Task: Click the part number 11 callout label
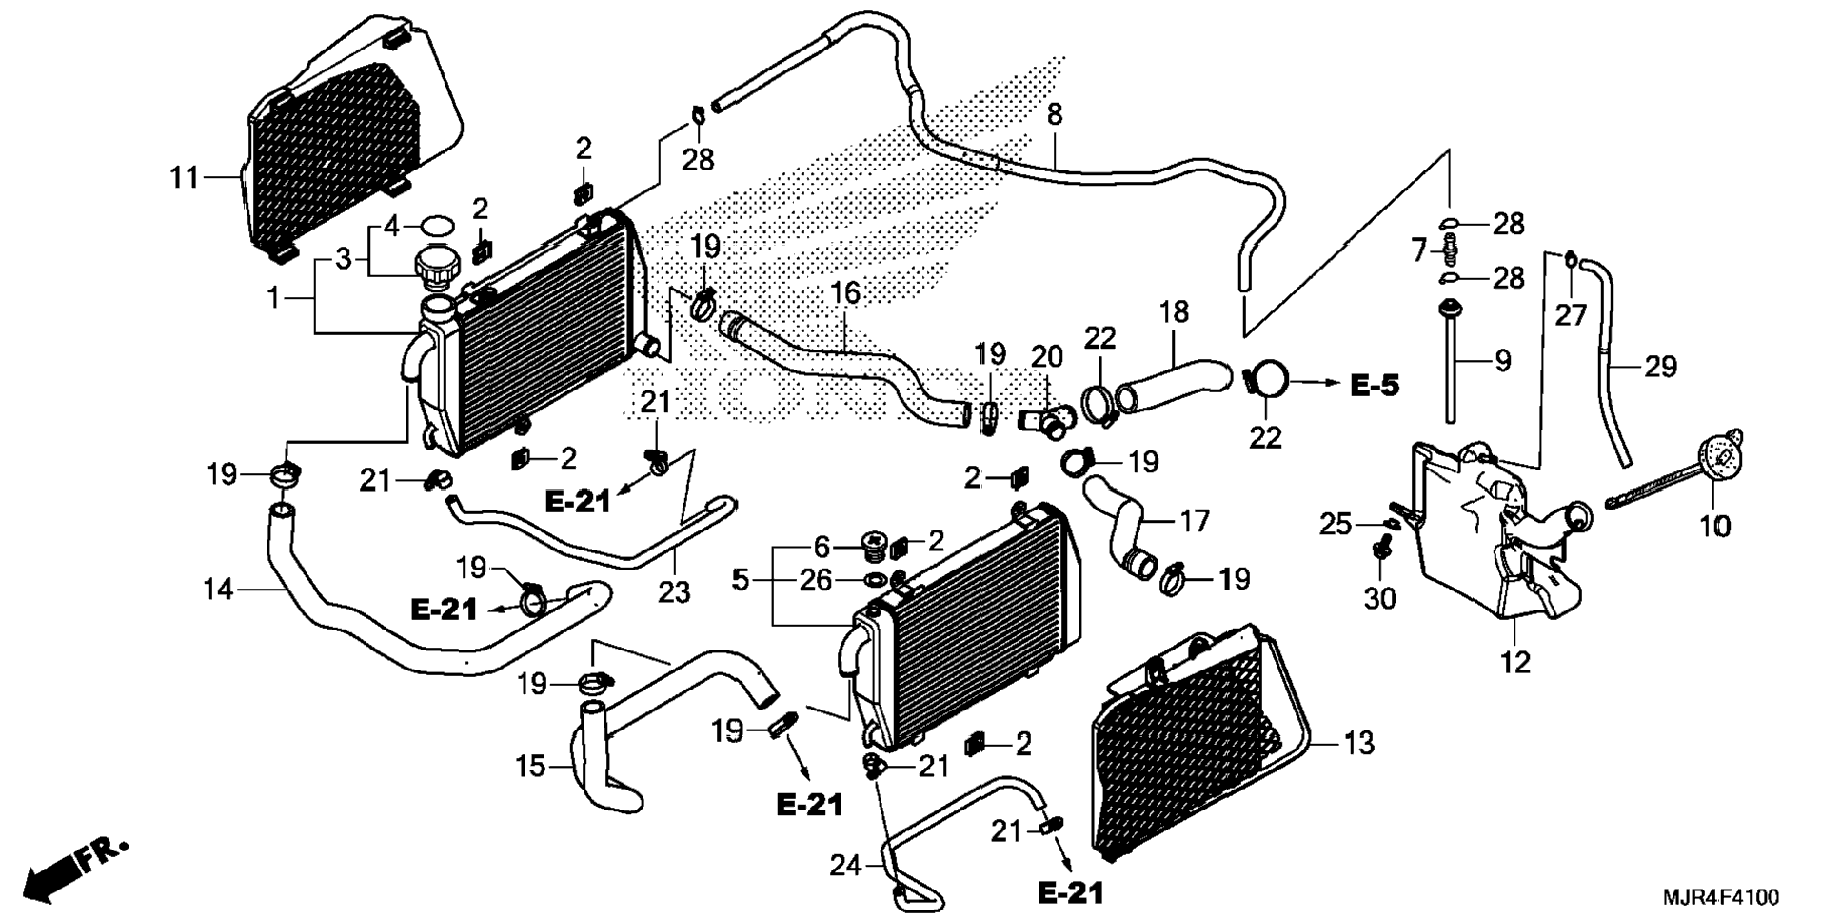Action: pyautogui.click(x=184, y=177)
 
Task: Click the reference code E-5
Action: pyautogui.click(x=1375, y=386)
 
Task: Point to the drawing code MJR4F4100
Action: pyautogui.click(x=1720, y=897)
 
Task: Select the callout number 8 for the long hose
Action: pyautogui.click(x=1054, y=115)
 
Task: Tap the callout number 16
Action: pyautogui.click(x=844, y=293)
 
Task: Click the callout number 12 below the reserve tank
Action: pyautogui.click(x=1514, y=661)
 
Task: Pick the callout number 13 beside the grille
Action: pyautogui.click(x=1358, y=742)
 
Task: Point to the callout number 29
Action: pyautogui.click(x=1660, y=367)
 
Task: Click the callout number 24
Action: pyautogui.click(x=845, y=866)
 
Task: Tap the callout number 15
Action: pyautogui.click(x=531, y=766)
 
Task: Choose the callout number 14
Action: pyautogui.click(x=218, y=590)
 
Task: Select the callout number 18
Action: pyautogui.click(x=1174, y=312)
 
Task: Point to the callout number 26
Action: pyautogui.click(x=815, y=580)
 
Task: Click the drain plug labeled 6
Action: pyautogui.click(x=872, y=546)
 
